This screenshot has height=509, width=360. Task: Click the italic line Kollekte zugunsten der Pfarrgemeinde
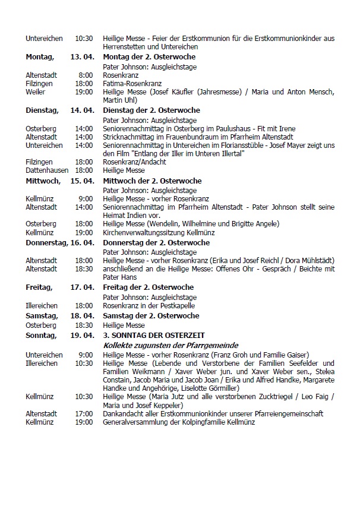point(170,345)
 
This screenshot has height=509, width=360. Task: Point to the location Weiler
point(36,92)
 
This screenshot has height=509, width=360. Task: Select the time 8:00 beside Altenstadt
point(86,75)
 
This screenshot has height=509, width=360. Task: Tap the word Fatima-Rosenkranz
point(132,84)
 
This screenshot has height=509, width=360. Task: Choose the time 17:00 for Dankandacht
point(84,413)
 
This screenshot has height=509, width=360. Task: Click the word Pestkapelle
point(178,305)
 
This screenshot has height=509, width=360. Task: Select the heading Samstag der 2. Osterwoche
point(151,315)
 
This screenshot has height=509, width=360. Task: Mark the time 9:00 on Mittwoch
point(86,198)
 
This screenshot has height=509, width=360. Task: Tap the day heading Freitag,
point(40,287)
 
